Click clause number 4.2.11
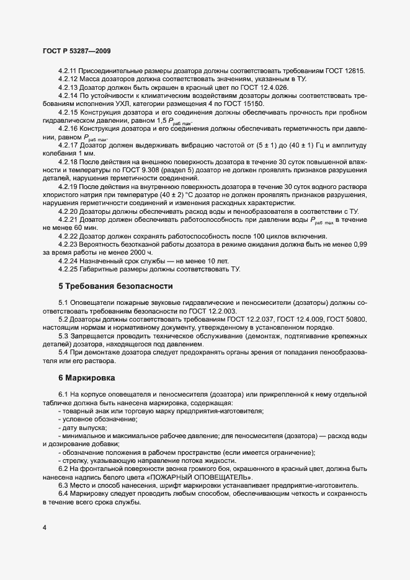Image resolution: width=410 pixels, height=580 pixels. click(69, 71)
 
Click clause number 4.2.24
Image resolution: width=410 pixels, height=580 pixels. click(69, 261)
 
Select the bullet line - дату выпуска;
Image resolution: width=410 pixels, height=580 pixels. click(82, 428)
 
